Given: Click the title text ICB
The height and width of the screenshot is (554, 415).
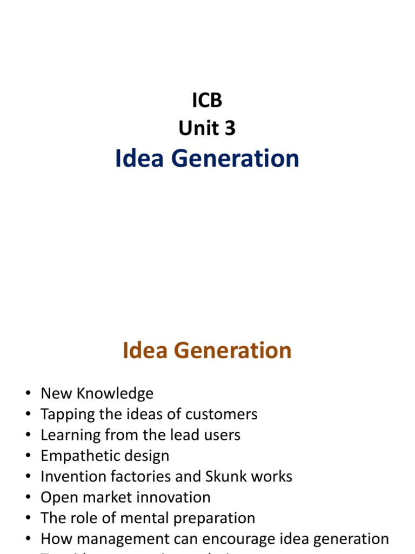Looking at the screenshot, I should (207, 100).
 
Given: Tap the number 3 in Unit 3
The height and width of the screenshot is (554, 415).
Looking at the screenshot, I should (229, 128).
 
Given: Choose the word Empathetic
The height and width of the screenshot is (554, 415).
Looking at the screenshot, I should (81, 456).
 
